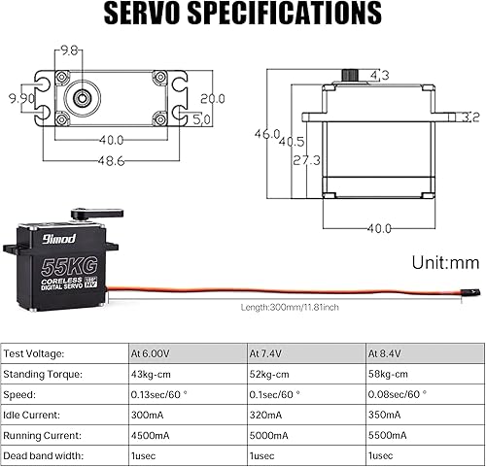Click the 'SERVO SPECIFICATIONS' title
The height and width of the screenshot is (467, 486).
(x=242, y=14)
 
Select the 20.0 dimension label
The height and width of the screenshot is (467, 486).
(x=213, y=98)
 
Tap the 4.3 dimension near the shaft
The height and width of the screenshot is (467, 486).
(x=379, y=75)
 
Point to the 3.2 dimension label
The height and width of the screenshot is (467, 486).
(x=470, y=117)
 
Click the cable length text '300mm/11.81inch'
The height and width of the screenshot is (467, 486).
(x=290, y=308)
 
